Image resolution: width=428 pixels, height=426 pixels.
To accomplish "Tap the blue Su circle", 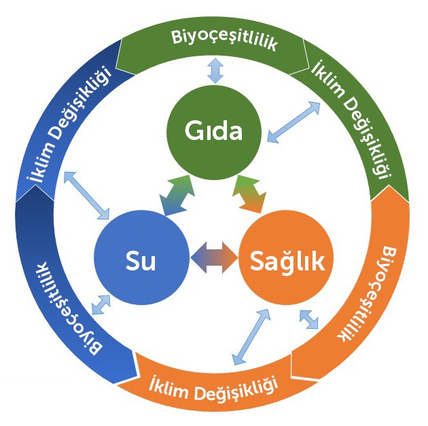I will click(x=142, y=260).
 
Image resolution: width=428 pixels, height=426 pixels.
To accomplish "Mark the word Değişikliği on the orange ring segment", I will click(x=238, y=389).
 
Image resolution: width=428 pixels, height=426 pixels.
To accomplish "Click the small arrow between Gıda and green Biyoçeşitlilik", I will click(x=215, y=71).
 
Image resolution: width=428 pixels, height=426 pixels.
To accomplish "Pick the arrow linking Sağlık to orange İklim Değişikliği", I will click(x=247, y=335).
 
